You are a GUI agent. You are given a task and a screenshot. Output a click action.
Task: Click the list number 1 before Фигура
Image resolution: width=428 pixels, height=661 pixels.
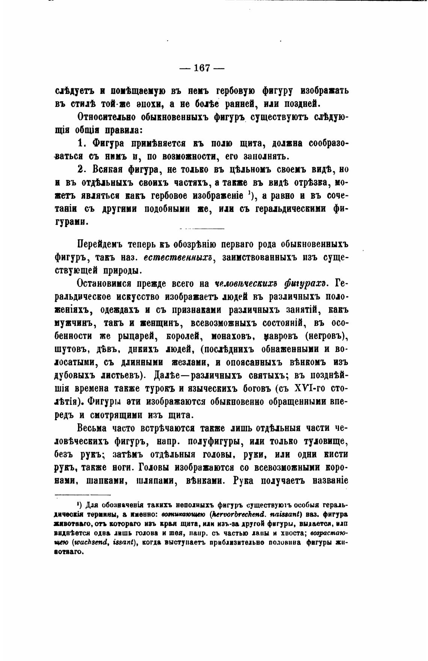80,143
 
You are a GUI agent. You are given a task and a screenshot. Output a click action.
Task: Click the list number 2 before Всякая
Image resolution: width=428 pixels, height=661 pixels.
80,169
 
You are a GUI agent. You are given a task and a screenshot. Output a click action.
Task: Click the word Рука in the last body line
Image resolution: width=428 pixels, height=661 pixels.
245,481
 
